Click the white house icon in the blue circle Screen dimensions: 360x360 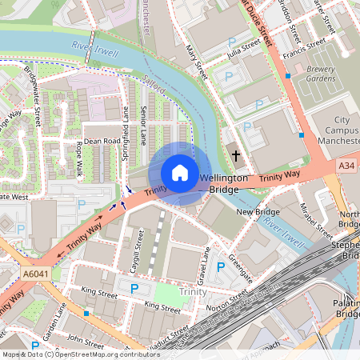click(180, 172)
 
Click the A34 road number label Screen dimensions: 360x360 click(346, 166)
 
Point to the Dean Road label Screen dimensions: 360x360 click(102, 140)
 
